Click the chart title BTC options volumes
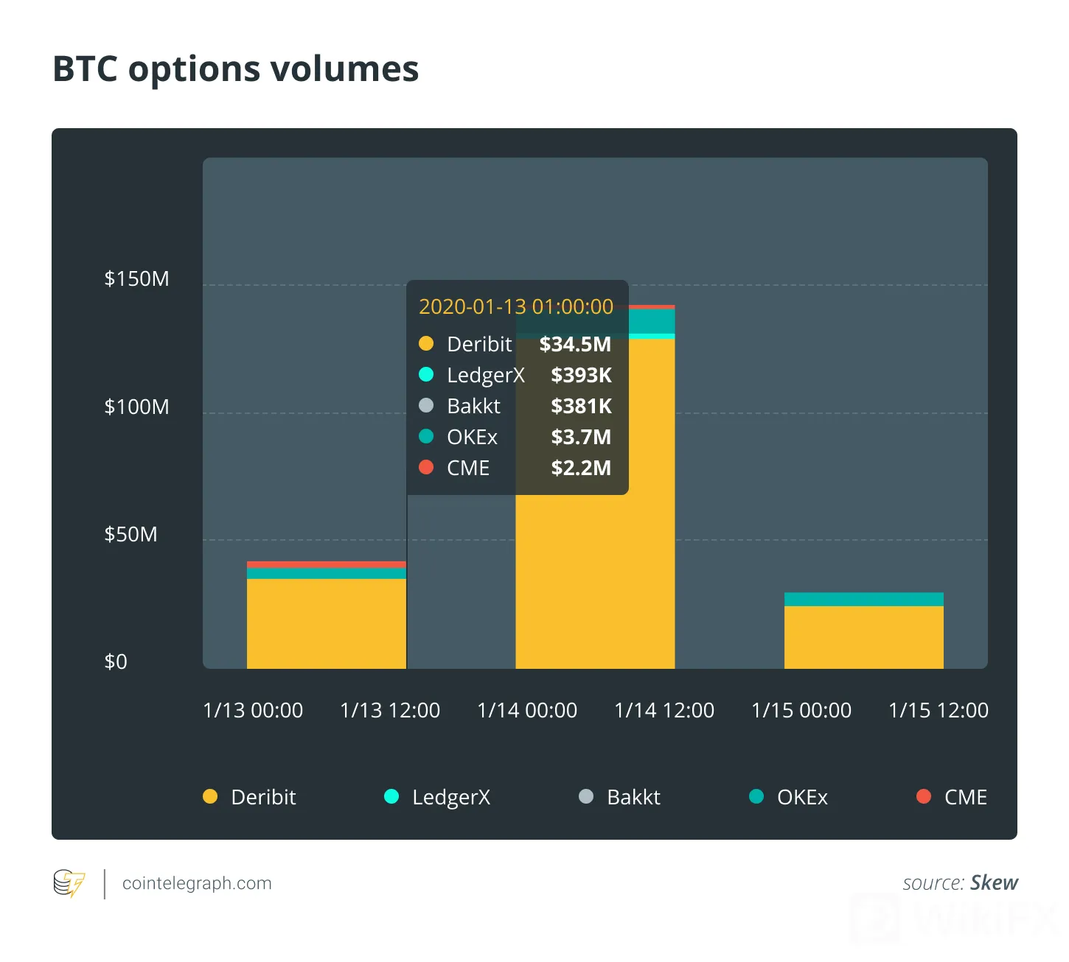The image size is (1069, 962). click(235, 69)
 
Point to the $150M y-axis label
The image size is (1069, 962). click(136, 278)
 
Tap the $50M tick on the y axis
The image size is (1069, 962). click(130, 534)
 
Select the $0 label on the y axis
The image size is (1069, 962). click(116, 661)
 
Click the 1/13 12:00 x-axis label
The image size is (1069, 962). click(390, 710)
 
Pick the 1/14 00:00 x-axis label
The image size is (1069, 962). click(527, 710)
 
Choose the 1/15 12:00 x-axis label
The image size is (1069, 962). click(939, 710)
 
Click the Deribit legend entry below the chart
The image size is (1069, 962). click(249, 797)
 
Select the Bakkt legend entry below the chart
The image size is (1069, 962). click(619, 797)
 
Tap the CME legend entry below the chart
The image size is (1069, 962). click(952, 797)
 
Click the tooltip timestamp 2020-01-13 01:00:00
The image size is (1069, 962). click(516, 307)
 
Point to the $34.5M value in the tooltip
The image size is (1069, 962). click(575, 344)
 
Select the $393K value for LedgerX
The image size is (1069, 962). click(581, 375)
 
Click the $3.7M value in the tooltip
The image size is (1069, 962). click(581, 437)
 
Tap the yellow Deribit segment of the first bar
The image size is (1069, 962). click(326, 623)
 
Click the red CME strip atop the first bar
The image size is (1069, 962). click(326, 564)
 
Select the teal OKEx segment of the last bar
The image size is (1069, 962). click(864, 599)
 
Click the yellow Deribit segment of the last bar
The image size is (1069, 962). click(864, 637)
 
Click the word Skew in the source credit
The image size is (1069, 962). click(994, 882)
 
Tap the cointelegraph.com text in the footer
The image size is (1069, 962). click(197, 883)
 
